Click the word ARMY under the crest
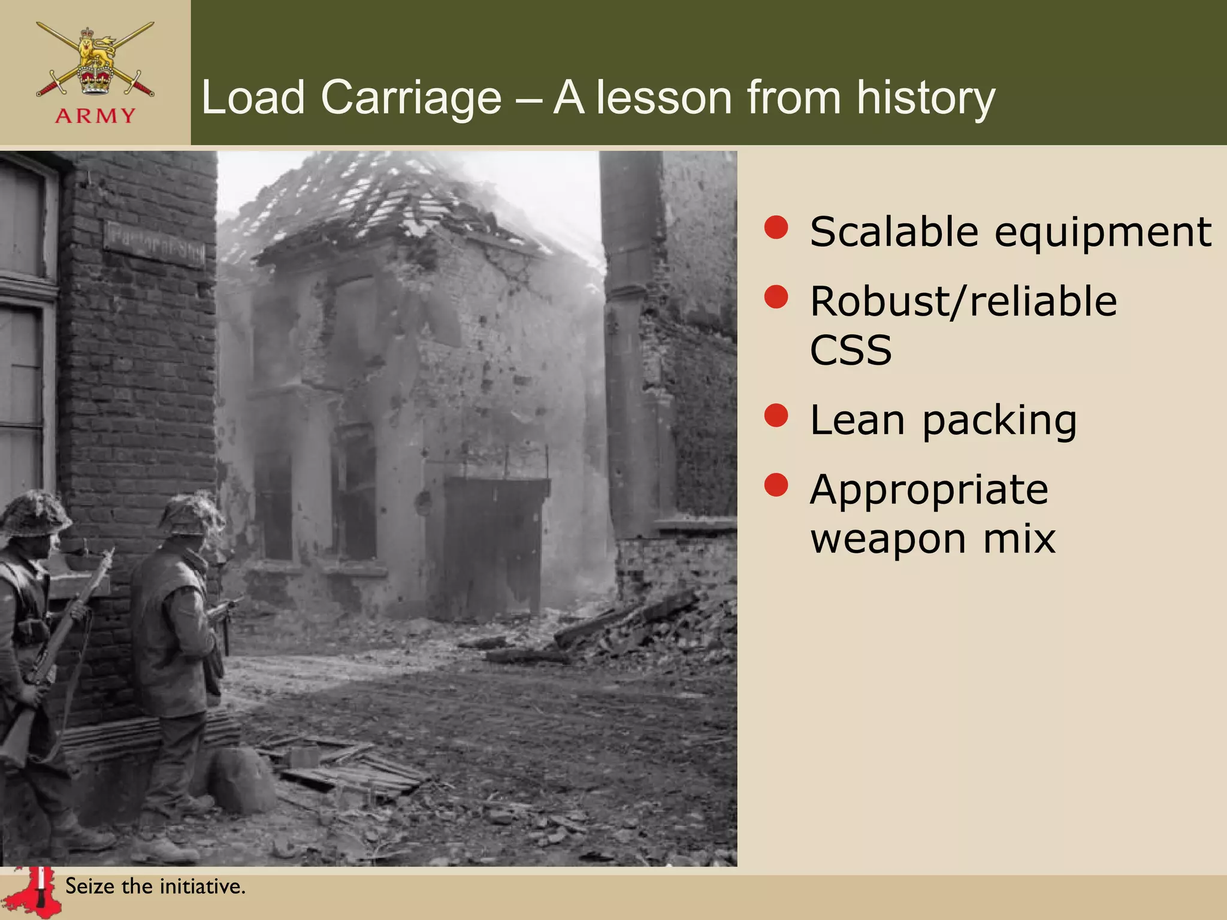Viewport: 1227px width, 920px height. click(95, 116)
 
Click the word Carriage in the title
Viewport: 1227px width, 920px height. click(411, 97)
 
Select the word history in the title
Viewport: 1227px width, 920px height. click(925, 97)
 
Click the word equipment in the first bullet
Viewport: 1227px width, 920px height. click(1103, 232)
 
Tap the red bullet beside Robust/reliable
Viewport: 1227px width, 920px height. click(776, 297)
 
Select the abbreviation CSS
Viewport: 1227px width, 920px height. click(851, 350)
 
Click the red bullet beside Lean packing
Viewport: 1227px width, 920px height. click(776, 416)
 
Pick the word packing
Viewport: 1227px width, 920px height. click(999, 420)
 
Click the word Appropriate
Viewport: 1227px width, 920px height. click(929, 490)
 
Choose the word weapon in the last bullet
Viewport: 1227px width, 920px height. click(888, 539)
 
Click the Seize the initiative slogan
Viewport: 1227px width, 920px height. click(155, 886)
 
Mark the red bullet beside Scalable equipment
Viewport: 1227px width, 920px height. click(776, 228)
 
